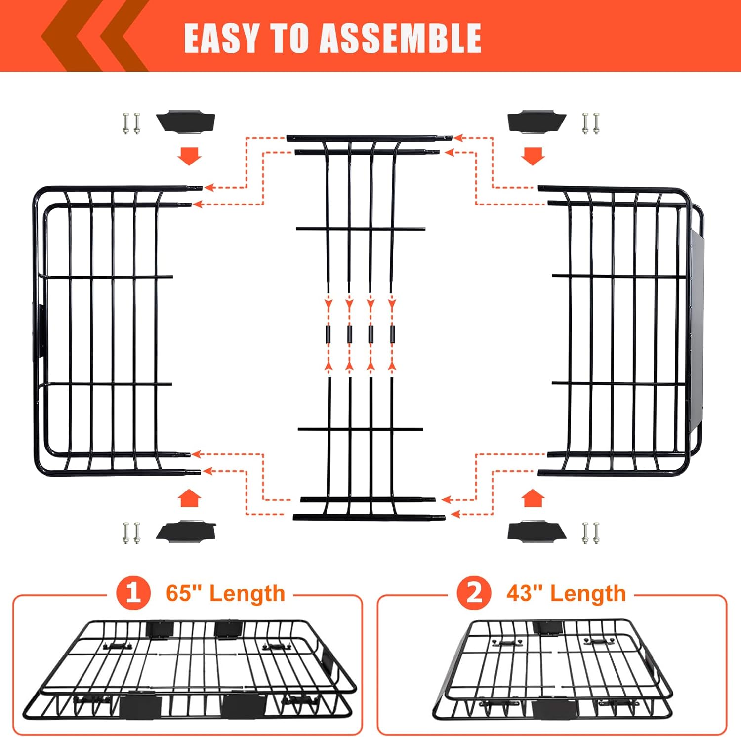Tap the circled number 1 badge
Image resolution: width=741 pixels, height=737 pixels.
[133, 592]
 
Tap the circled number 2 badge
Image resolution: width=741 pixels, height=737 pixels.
[474, 592]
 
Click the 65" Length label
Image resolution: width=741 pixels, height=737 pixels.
[225, 593]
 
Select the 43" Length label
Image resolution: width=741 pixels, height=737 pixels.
[566, 593]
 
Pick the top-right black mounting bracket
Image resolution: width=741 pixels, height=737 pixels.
[536, 122]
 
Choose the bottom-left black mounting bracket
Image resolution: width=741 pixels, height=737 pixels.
[186, 531]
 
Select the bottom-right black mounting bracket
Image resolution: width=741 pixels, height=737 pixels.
[536, 532]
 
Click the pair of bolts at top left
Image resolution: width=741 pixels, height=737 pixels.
[131, 123]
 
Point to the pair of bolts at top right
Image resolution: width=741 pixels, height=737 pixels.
[591, 123]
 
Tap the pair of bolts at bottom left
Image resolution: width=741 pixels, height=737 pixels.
[131, 533]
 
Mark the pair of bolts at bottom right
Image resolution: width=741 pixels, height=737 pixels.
[591, 533]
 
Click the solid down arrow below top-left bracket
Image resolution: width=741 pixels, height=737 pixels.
[189, 155]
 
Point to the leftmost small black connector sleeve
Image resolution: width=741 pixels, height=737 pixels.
[328, 334]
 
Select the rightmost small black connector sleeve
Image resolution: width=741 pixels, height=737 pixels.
[393, 334]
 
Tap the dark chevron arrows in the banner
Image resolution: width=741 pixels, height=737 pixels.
[94, 36]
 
